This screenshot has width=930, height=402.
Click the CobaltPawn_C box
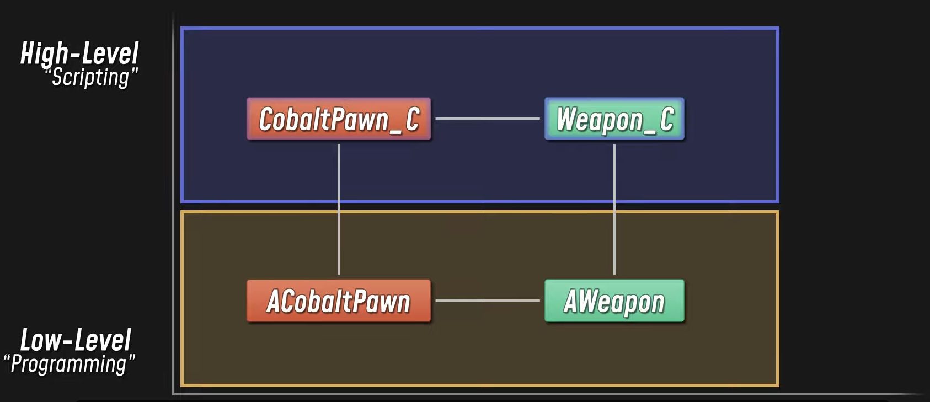(338, 119)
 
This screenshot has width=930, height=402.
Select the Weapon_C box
(614, 119)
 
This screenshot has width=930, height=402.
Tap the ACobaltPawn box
(338, 301)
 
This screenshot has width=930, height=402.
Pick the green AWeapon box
(614, 301)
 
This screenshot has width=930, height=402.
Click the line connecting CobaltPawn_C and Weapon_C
(488, 119)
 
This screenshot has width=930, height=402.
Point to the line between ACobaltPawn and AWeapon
(488, 301)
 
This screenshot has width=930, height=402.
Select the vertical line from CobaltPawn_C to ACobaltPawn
(339, 210)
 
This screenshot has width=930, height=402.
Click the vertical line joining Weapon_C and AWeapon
(614, 210)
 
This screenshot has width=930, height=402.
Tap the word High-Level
(79, 53)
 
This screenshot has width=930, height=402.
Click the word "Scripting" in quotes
(92, 77)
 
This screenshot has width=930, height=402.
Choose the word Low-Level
(76, 340)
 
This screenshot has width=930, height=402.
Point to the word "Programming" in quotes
(70, 364)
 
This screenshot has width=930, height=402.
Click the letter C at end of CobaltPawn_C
(413, 119)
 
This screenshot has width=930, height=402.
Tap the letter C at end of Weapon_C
(667, 119)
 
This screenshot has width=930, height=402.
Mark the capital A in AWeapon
(571, 302)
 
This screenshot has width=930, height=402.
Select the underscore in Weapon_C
(650, 132)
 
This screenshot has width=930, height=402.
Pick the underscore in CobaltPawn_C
(395, 132)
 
